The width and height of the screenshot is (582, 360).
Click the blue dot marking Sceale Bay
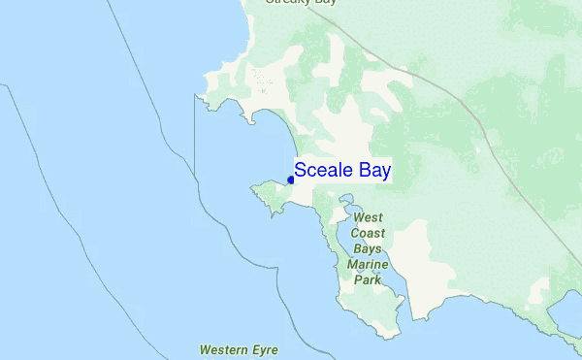pos(291,180)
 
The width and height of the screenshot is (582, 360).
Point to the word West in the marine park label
pos(369,218)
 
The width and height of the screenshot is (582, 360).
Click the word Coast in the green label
pos(369,234)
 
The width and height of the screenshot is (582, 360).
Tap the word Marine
pos(369,264)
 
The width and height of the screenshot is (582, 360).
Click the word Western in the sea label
pos(223,348)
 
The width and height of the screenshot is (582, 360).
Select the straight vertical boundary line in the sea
pos(195,146)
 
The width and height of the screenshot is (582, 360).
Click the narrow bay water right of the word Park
pos(396,282)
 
